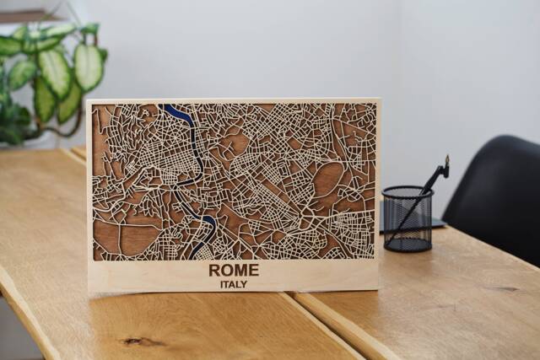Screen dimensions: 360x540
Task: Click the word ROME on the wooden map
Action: pos(234,270)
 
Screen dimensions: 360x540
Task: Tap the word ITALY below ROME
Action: pos(234,284)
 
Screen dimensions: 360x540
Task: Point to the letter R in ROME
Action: pos(215,270)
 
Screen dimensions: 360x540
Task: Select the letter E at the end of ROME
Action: pos(253,270)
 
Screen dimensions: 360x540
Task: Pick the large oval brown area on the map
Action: pos(327,180)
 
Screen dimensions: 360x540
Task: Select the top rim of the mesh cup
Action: pos(407,191)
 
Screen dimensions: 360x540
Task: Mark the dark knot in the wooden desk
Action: pos(132,341)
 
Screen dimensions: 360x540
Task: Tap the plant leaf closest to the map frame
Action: pos(88,67)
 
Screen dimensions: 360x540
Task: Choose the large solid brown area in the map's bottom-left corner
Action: pos(118,239)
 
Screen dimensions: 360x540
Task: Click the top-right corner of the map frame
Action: pos(380,99)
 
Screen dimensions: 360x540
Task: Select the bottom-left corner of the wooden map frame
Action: pos(89,290)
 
